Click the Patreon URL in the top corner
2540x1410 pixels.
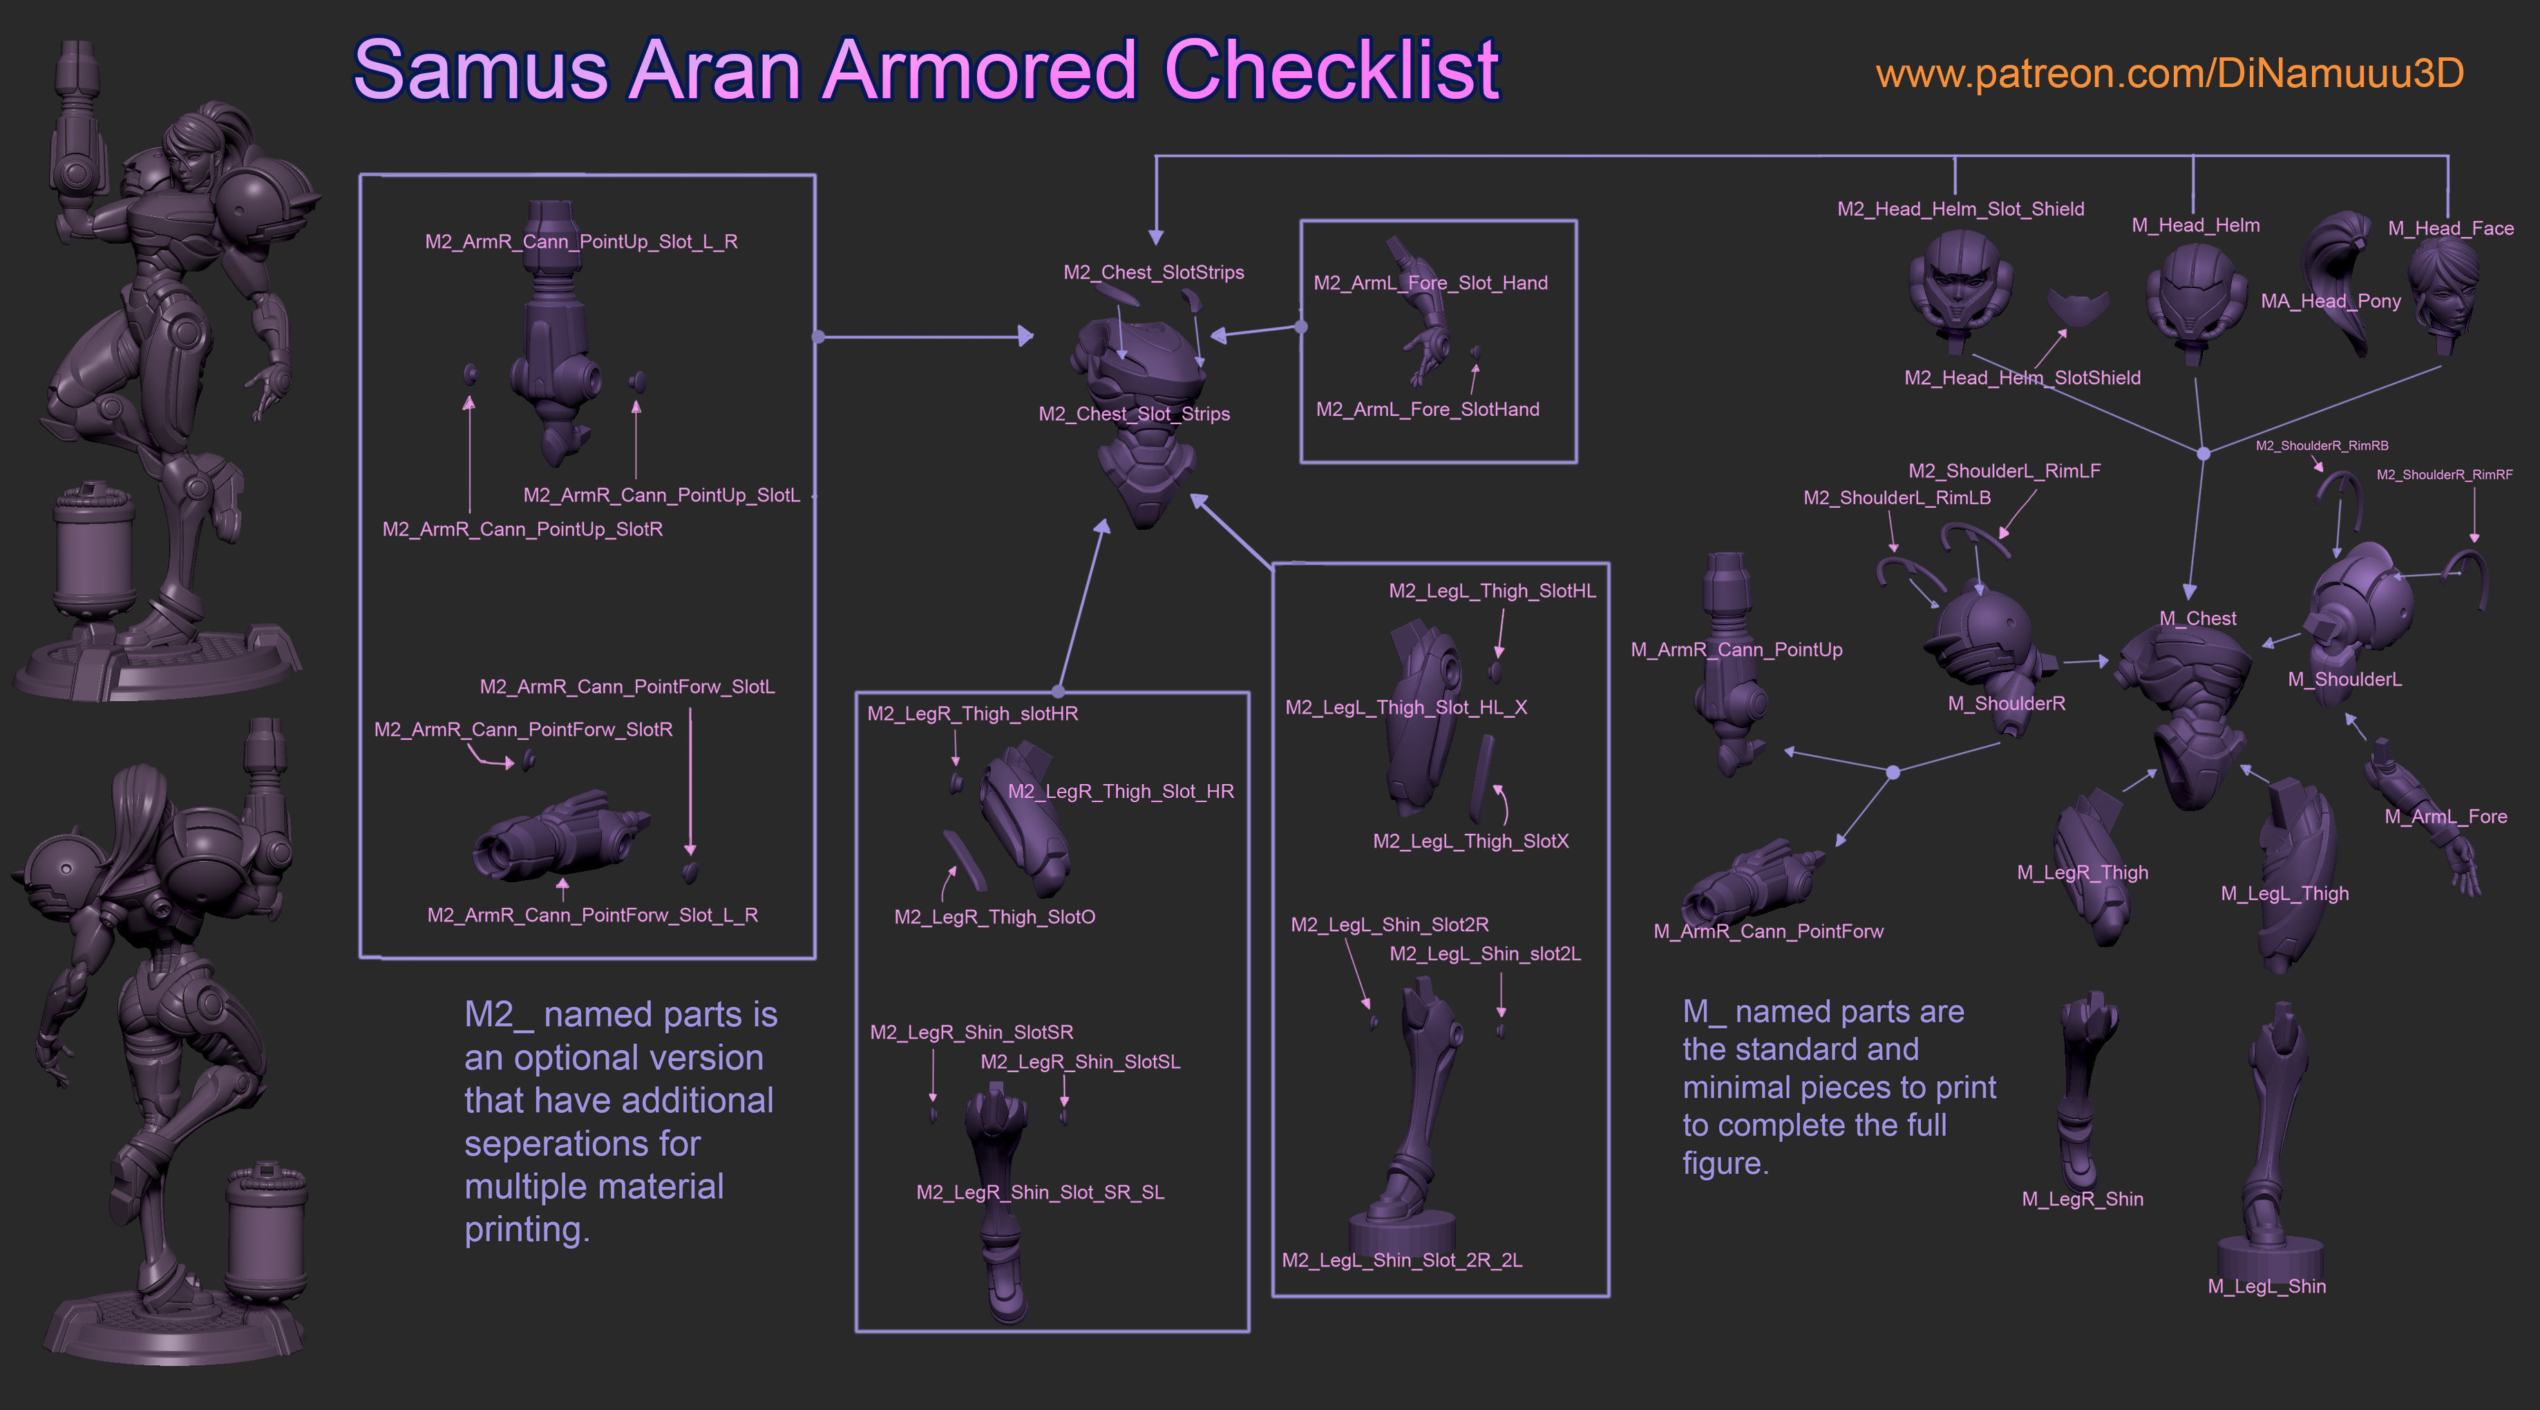click(x=2169, y=74)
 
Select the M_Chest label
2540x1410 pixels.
click(x=2198, y=618)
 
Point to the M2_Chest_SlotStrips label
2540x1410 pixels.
click(x=1154, y=272)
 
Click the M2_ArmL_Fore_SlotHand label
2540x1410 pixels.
click(x=1428, y=409)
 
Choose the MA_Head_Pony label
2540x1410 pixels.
click(x=2331, y=301)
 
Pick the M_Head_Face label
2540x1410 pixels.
click(x=2450, y=229)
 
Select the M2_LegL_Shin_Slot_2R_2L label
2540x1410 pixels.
click(x=1402, y=1260)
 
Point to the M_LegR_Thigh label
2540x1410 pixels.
click(x=2083, y=873)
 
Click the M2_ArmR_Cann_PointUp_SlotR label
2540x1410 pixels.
click(x=522, y=529)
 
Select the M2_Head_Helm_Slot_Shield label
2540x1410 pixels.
click(x=1960, y=209)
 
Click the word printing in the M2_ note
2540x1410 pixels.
click(x=527, y=1230)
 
